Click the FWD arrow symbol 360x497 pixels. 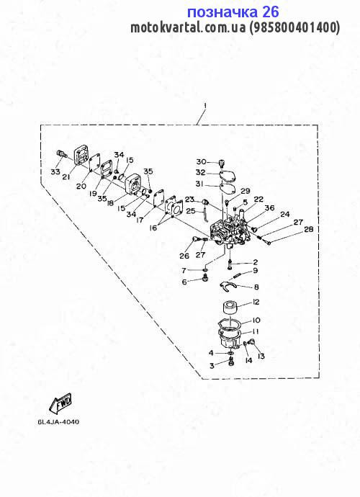60,403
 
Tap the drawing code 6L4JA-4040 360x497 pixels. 58,422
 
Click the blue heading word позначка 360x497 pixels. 222,13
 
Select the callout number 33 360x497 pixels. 55,172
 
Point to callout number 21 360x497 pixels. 66,177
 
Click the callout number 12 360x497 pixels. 256,302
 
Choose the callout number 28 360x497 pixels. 309,229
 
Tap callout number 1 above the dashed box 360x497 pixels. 205,106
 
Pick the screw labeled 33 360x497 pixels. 62,154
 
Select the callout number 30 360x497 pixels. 201,161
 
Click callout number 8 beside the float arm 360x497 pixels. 256,287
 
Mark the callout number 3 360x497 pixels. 212,366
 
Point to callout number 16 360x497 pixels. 153,228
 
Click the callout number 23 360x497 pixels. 189,200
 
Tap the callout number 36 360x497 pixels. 270,208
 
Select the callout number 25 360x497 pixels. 191,210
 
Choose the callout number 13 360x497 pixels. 261,357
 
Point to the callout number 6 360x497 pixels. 184,282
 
